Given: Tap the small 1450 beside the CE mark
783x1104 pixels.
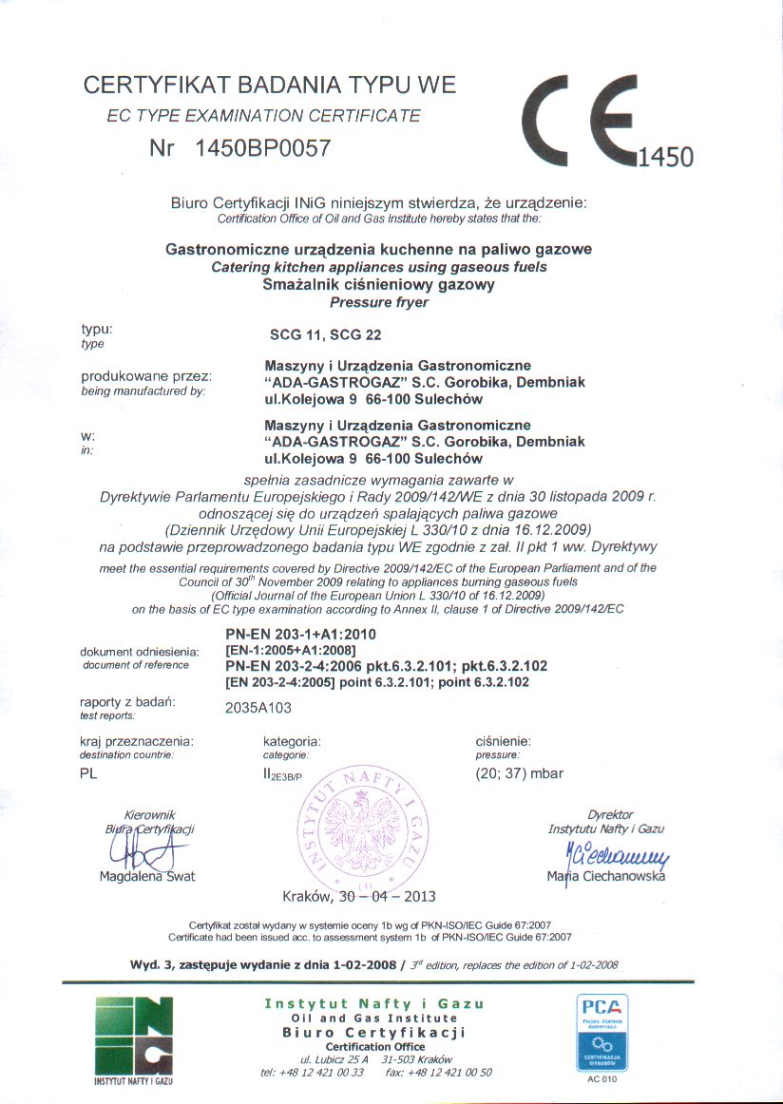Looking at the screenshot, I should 666,157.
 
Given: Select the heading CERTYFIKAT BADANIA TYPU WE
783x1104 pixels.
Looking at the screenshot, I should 270,85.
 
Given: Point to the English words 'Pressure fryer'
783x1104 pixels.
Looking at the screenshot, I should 378,303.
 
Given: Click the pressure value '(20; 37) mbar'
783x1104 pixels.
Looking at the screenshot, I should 519,773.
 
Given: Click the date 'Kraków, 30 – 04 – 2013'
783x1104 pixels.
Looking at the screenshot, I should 358,896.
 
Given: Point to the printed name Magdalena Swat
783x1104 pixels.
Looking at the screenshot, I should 147,876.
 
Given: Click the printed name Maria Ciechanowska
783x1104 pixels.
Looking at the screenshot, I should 606,876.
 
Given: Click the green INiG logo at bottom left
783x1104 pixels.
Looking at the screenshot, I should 134,1038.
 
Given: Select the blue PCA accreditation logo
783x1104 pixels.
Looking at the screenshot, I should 602,1034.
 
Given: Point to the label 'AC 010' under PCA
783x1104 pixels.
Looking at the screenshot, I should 602,1079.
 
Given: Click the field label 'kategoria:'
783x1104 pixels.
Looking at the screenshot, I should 292,740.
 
